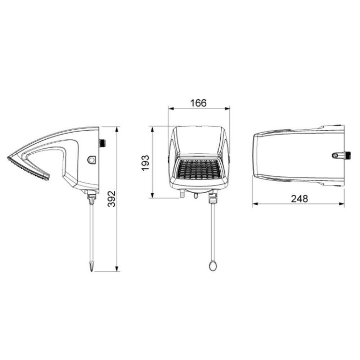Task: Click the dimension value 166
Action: pos(199,103)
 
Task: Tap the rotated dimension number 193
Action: pos(145,163)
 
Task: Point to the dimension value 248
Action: pos(300,198)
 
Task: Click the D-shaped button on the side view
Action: pos(92,159)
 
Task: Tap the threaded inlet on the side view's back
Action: pos(103,143)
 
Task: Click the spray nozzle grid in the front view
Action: pos(199,170)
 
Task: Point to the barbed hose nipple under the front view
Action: pos(182,194)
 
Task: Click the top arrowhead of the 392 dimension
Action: pos(117,129)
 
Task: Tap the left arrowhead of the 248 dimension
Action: pos(255,204)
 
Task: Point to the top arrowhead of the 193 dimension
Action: pos(153,129)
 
